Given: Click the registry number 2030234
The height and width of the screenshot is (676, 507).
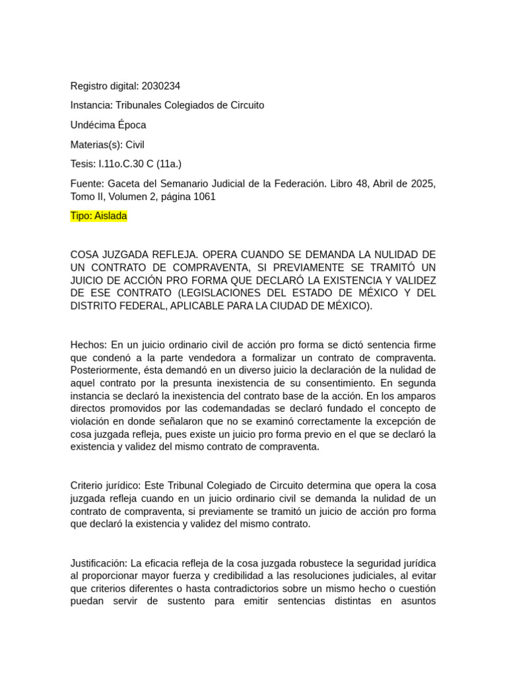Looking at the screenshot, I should pyautogui.click(x=160, y=86).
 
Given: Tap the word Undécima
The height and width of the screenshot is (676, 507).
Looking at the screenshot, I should pyautogui.click(x=93, y=125).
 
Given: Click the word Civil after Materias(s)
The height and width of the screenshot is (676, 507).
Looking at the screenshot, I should pyautogui.click(x=135, y=145).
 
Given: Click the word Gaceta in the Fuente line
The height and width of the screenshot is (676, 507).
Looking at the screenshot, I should pyautogui.click(x=123, y=184).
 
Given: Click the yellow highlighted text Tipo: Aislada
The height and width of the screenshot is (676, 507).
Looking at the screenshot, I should pyautogui.click(x=98, y=216).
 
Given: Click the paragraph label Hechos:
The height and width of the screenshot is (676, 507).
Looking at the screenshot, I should pyautogui.click(x=88, y=345).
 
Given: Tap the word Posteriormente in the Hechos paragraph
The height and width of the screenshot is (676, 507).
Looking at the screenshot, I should pyautogui.click(x=102, y=370).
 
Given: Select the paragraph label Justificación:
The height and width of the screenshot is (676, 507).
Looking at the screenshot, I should pyautogui.click(x=99, y=563).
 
